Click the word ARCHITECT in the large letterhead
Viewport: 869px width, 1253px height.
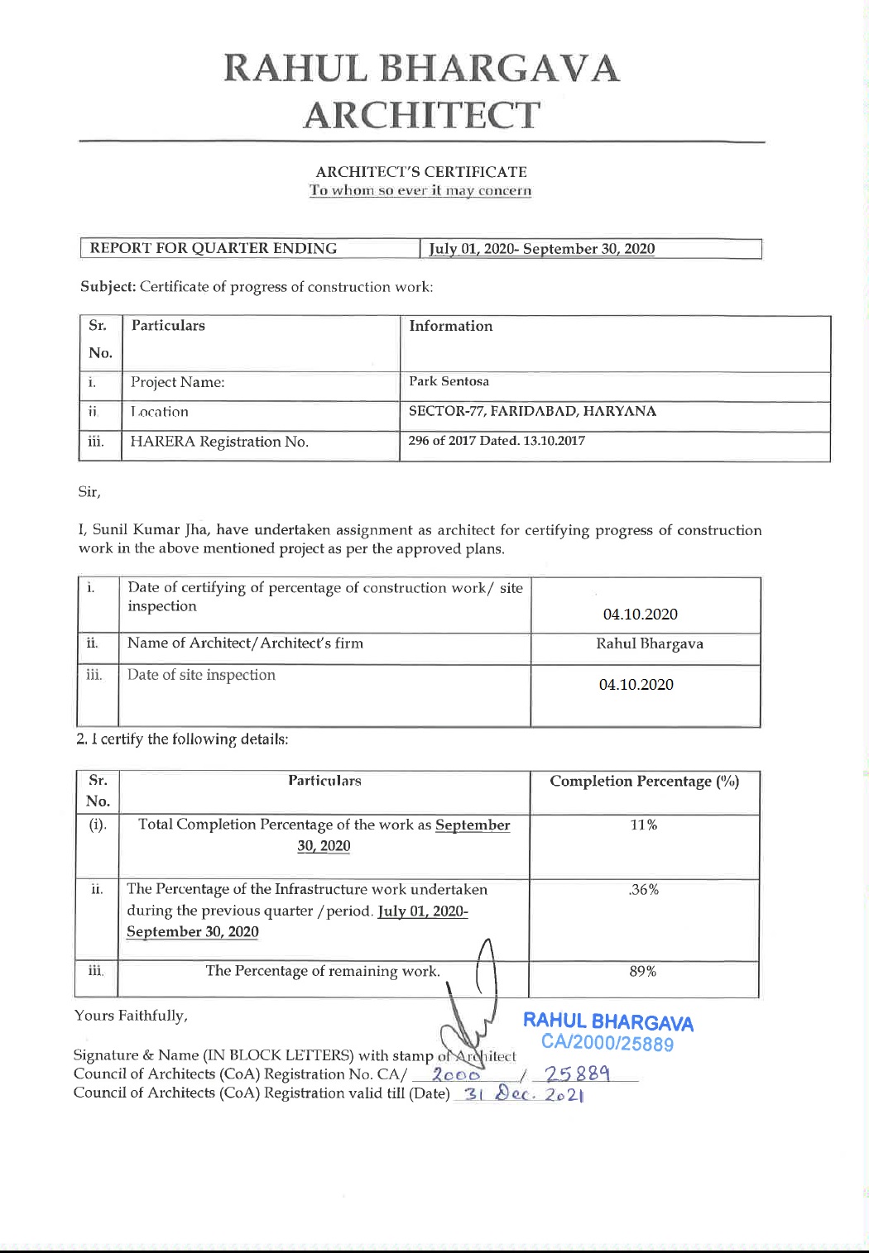(x=422, y=115)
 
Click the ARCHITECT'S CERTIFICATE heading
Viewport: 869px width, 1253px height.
(x=421, y=172)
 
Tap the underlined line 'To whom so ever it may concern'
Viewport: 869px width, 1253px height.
(x=420, y=191)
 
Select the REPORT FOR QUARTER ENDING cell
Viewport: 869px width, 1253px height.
(x=214, y=248)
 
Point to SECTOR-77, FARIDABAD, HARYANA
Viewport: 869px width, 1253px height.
(x=532, y=411)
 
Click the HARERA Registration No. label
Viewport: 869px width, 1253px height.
(x=219, y=442)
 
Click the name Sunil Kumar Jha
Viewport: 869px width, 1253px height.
(x=156, y=530)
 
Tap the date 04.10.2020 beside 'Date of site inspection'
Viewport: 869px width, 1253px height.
(x=636, y=685)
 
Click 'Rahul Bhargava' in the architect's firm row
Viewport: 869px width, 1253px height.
(x=650, y=643)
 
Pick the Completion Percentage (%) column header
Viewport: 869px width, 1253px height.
(x=644, y=782)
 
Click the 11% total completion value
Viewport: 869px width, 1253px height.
(x=643, y=825)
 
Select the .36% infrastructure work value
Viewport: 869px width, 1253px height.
(x=643, y=890)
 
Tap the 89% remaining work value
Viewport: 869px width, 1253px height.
(x=643, y=971)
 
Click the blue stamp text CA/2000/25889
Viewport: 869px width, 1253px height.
(x=607, y=1043)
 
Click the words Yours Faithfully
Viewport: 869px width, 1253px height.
(x=131, y=1016)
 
